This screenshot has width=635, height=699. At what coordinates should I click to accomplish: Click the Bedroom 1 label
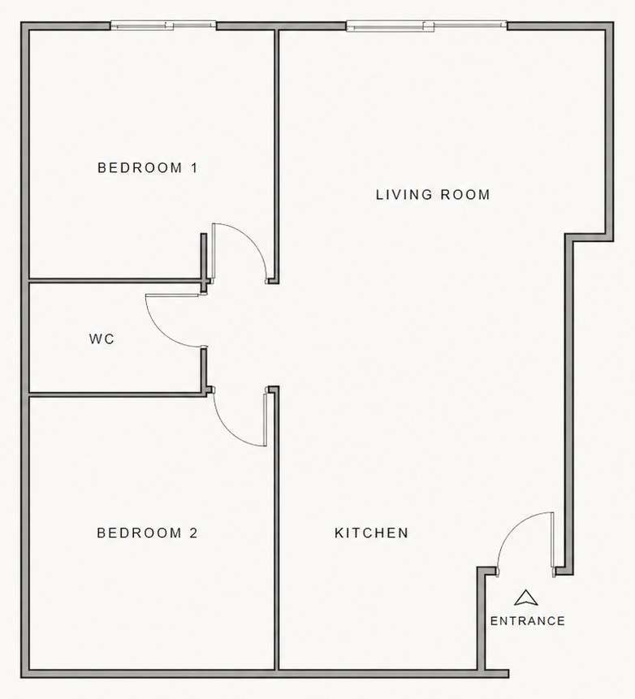(147, 168)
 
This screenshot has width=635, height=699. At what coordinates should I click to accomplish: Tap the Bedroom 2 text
(147, 533)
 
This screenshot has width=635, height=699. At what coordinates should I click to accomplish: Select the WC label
(102, 339)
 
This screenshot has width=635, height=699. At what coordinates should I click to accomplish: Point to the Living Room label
(433, 195)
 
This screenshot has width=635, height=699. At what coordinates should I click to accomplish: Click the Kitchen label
(371, 533)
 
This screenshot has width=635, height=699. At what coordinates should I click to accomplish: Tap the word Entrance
(527, 621)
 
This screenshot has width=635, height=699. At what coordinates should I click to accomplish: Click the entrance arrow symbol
(526, 598)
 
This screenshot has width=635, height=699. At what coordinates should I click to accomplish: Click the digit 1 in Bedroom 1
(194, 168)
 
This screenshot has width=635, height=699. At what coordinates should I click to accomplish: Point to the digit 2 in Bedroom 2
(193, 533)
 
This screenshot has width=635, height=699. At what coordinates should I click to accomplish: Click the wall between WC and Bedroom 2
(114, 395)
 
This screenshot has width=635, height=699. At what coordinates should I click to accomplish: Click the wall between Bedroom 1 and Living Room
(276, 146)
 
